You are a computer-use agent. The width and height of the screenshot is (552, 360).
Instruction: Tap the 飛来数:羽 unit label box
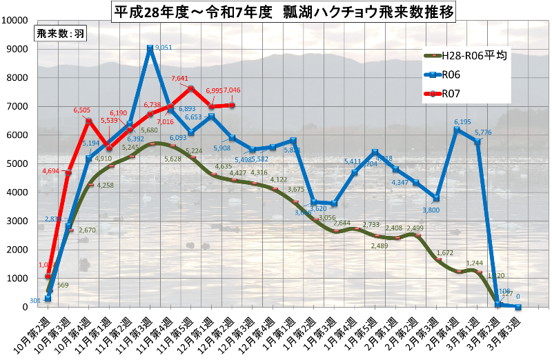point(60,34)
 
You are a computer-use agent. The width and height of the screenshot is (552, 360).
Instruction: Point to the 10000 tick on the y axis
point(14,19)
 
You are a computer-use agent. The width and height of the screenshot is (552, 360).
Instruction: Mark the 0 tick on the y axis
point(25,308)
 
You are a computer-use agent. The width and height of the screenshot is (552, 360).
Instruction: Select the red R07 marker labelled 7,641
point(191,88)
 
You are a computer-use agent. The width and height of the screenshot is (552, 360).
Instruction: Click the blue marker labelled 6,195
point(456,130)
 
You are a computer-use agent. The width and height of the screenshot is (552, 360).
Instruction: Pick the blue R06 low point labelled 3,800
point(435,198)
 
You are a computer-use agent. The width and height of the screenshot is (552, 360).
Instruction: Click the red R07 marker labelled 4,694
point(68,172)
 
